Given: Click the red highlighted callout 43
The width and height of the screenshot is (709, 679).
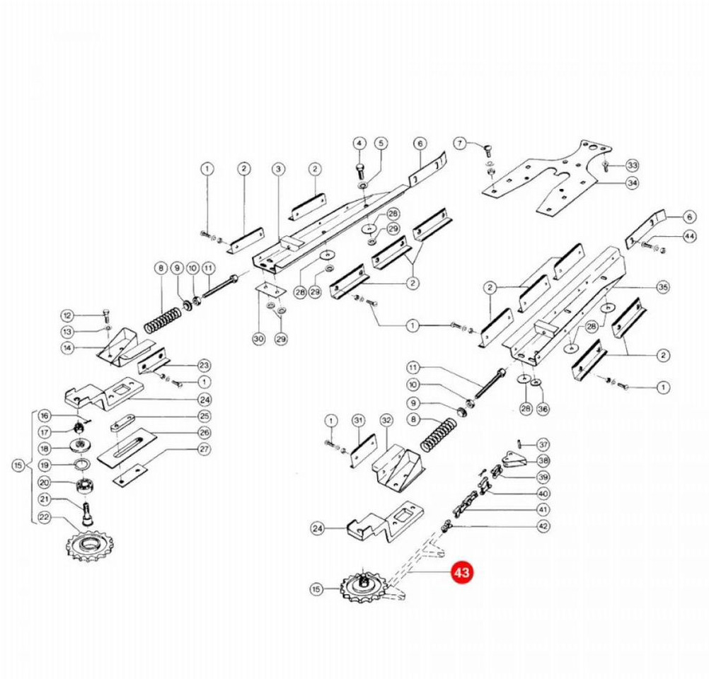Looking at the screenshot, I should [x=462, y=574].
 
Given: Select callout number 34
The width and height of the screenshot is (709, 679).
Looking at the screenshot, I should [x=632, y=182].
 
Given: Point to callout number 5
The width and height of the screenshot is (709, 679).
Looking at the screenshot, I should [x=381, y=144].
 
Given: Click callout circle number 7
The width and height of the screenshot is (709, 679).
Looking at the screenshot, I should [x=461, y=144].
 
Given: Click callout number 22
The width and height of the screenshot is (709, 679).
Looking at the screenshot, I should [x=44, y=518].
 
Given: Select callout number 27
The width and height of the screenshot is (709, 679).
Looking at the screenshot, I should [x=204, y=449].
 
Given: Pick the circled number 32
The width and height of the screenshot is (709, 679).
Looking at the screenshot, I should [x=386, y=420].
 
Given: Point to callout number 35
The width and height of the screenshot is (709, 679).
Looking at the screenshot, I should [x=662, y=288].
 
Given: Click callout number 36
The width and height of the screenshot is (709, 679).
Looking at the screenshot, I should [x=543, y=408].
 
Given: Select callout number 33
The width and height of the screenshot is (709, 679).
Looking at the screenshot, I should [x=632, y=165].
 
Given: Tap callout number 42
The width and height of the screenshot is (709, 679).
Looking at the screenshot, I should [x=543, y=526].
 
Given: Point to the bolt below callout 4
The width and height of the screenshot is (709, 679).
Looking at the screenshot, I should [x=359, y=170].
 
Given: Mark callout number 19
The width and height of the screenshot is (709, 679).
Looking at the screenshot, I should [x=44, y=465].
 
